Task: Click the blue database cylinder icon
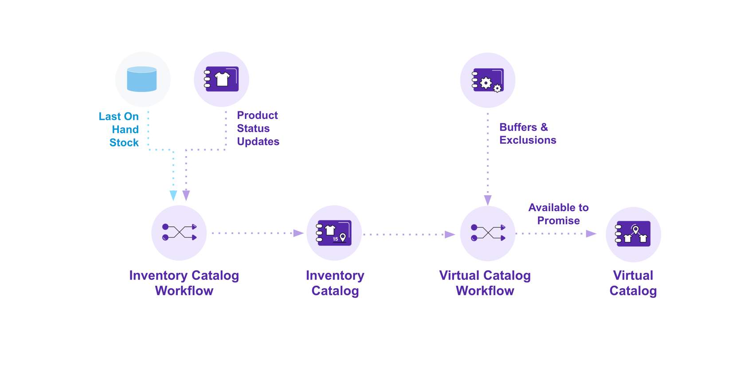[142, 79]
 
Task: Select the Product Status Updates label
[258, 128]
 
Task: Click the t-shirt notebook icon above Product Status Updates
[222, 79]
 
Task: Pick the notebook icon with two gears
[488, 80]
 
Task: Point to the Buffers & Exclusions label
[527, 134]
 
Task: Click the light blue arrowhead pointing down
[173, 195]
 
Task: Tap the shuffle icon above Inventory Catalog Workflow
[179, 232]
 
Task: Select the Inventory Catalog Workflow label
[184, 283]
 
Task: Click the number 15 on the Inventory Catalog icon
[335, 239]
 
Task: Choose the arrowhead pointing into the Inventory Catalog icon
[298, 233]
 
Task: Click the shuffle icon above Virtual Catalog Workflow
[488, 233]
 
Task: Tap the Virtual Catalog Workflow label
[485, 283]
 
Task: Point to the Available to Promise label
[558, 214]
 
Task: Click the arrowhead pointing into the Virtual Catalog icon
[591, 233]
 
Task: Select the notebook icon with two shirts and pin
[633, 234]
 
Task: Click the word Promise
[558, 220]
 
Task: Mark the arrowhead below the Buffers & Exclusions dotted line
[488, 200]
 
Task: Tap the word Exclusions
[528, 140]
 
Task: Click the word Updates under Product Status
[258, 141]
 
